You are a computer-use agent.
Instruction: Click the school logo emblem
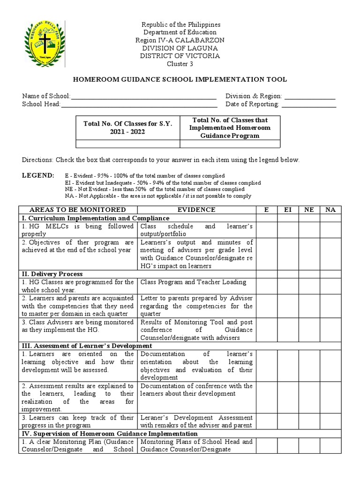pos(45,46)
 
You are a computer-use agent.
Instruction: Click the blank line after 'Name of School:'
pos(143,96)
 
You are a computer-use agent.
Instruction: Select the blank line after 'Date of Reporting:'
pos(308,105)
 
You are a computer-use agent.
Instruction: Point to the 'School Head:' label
pos(41,105)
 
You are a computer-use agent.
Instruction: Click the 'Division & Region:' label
pos(254,96)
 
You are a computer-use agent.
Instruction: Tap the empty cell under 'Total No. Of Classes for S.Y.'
pos(128,144)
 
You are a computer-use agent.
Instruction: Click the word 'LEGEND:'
pos(38,175)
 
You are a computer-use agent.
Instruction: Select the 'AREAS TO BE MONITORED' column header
pos(78,210)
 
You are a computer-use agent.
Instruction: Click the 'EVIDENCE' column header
pos(197,210)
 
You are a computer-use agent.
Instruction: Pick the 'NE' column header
pos(309,210)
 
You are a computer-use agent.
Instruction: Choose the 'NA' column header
pos(330,210)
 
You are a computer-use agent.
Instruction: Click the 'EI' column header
pos(288,210)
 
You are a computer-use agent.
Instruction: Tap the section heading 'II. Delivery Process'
pos(52,274)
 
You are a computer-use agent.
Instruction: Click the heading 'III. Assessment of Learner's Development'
pos(87,346)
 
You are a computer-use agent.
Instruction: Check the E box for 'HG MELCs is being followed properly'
pos(266,230)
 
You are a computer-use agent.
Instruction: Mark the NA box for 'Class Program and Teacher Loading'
pos(330,286)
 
